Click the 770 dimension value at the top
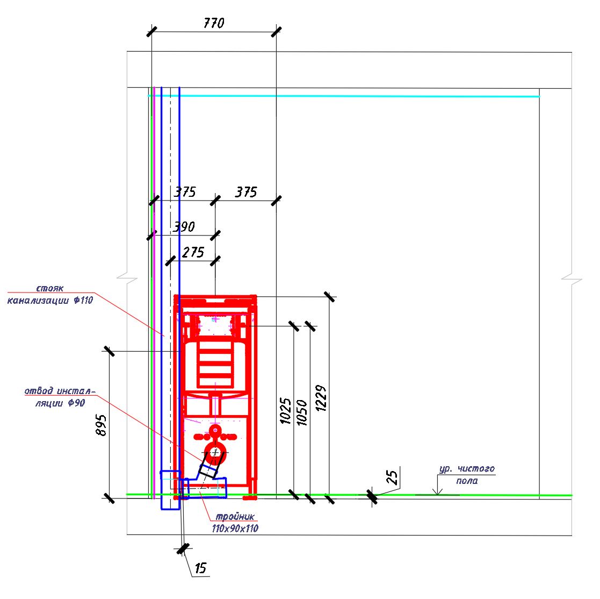point(214,23)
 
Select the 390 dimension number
point(184,227)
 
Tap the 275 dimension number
point(193,252)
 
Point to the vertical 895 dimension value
point(101,425)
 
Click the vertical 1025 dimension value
point(286,411)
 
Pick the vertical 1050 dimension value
point(302,412)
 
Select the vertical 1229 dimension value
point(321,398)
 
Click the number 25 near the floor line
point(392,477)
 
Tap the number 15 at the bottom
point(200,568)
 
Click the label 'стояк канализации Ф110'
point(50,294)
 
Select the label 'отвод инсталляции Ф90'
point(60,397)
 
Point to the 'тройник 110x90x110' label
point(235,523)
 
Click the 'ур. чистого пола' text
point(467,475)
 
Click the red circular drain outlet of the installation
point(215,453)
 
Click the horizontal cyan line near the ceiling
point(344,96)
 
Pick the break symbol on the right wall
point(572,279)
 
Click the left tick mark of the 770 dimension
point(152,31)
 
